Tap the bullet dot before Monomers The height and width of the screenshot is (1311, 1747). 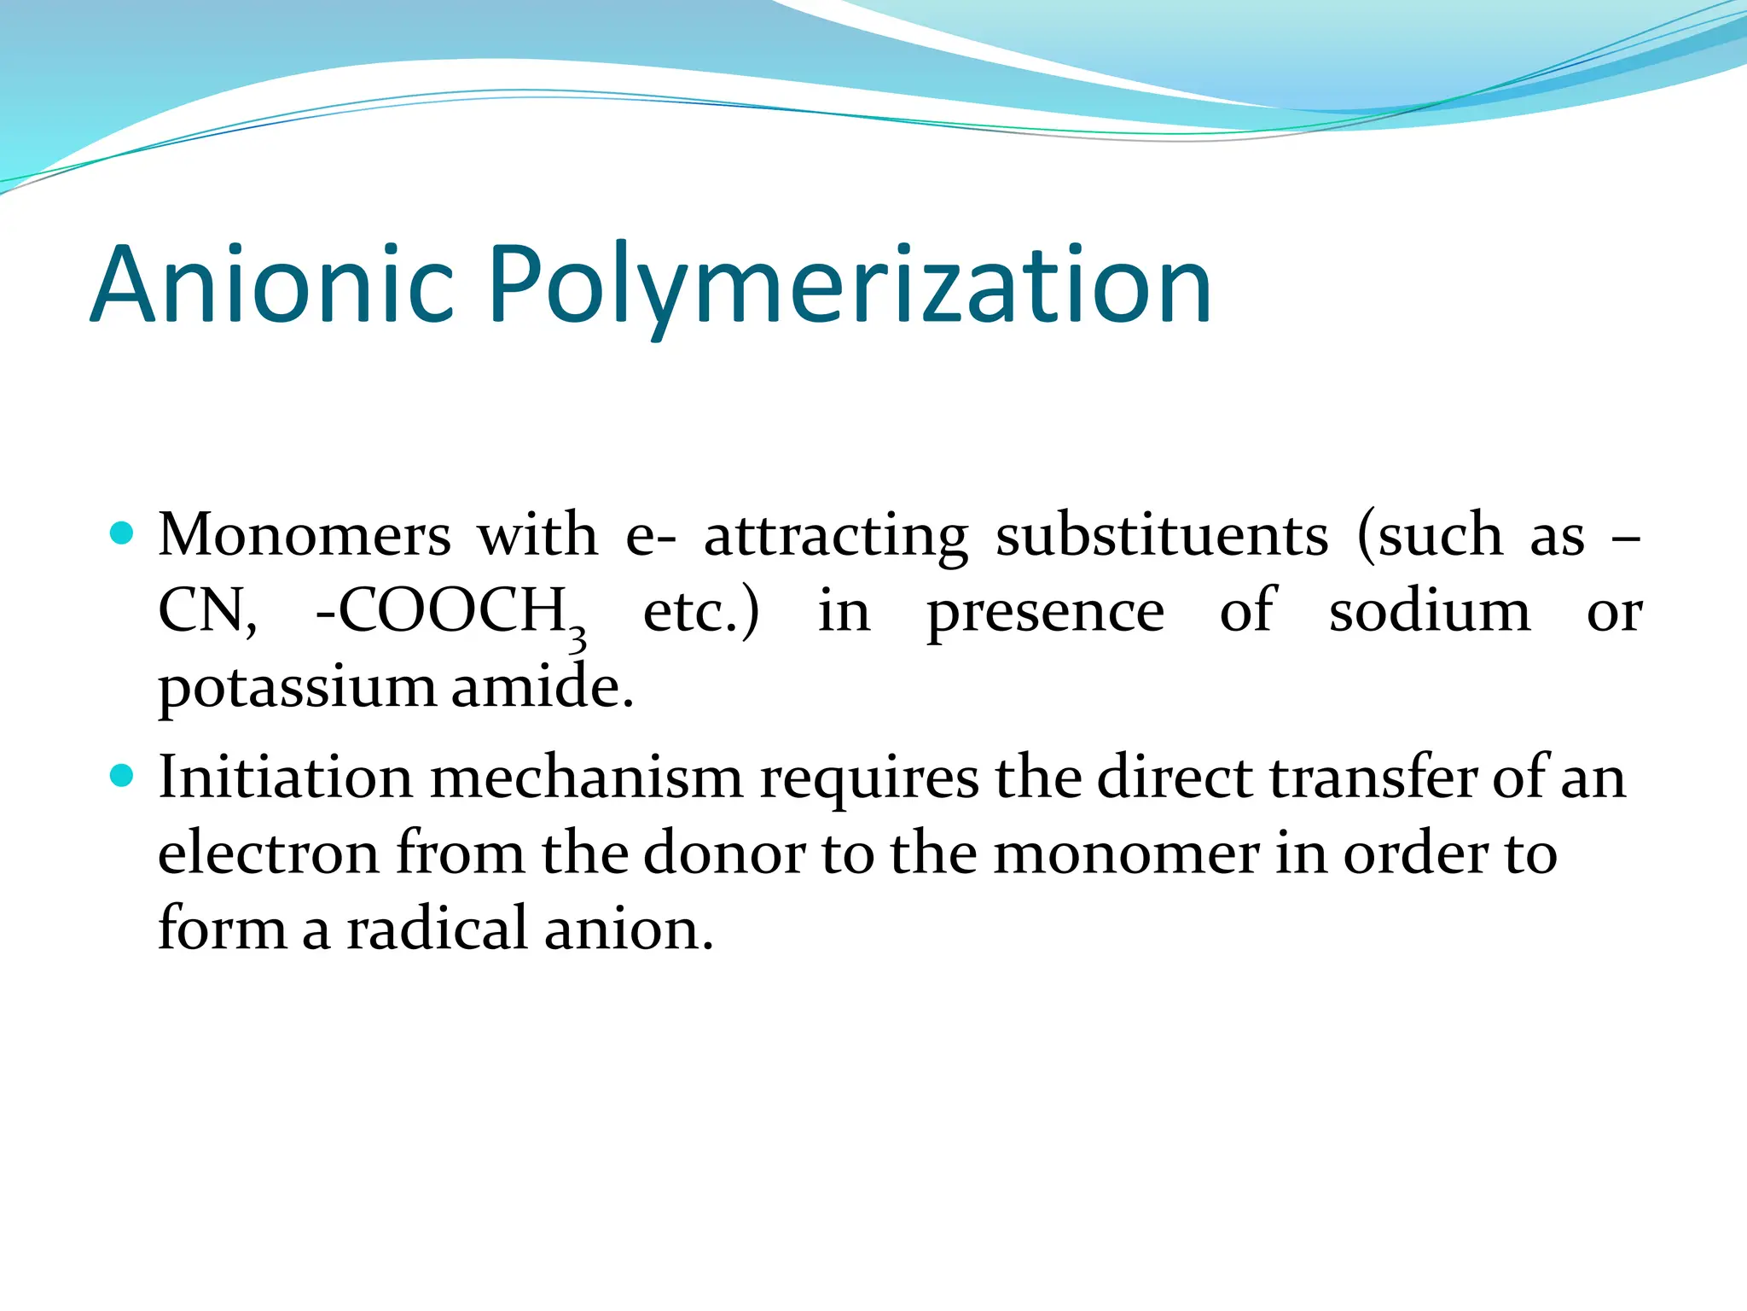tap(123, 534)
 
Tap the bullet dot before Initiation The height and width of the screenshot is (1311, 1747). tap(123, 776)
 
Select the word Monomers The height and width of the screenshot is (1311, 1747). tap(305, 536)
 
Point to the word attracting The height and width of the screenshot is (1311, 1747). tap(836, 536)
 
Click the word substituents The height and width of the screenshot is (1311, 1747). tap(1162, 536)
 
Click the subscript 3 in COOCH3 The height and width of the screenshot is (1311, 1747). tap(577, 638)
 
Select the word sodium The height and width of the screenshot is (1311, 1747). tap(1430, 611)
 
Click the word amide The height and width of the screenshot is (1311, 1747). tap(542, 686)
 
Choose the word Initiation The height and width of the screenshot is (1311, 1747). tap(285, 778)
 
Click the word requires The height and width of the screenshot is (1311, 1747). tap(869, 778)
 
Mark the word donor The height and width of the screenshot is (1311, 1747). tap(723, 853)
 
